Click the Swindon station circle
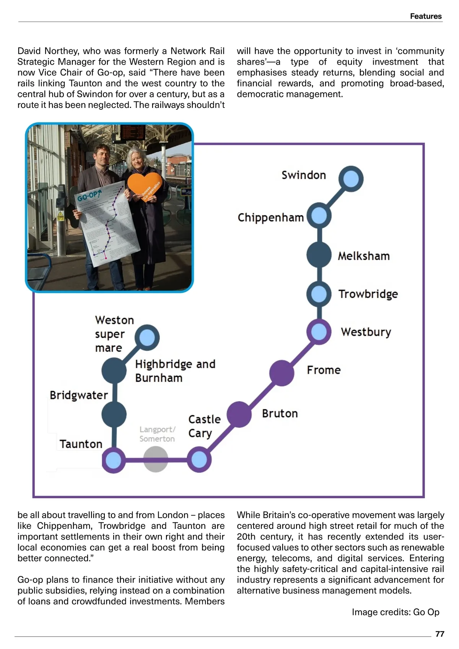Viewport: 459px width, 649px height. tap(351, 179)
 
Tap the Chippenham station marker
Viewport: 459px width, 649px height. tap(319, 216)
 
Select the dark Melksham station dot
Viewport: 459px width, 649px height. tap(319, 254)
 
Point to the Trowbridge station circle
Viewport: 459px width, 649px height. tap(319, 294)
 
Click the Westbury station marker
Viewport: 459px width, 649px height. tap(319, 331)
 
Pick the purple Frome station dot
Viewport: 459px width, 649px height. tap(282, 372)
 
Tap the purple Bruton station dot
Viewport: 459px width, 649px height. tap(239, 414)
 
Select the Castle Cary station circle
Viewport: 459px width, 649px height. tap(199, 460)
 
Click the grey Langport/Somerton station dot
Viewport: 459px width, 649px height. tap(156, 460)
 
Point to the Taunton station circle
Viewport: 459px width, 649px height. tap(114, 460)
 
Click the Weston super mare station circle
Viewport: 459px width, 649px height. tap(147, 338)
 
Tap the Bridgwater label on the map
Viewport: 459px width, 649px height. tap(79, 395)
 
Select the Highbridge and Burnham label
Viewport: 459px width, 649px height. tap(175, 371)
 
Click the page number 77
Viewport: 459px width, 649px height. tap(440, 634)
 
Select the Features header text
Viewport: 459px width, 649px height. tap(426, 16)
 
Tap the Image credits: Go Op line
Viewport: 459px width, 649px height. tap(396, 612)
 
